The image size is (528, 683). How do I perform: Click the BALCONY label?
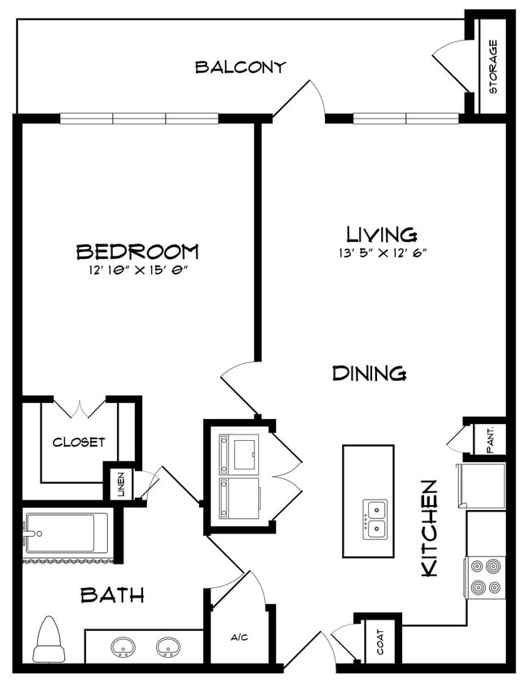point(240,67)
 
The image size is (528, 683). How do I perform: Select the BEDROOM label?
point(137,251)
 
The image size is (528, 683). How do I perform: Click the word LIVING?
point(382,235)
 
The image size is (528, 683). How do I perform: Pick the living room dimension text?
point(382,253)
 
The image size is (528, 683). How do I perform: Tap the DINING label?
point(370,374)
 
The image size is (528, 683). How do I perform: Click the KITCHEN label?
point(430,528)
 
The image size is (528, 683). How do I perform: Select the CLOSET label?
point(79,443)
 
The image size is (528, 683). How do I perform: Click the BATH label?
point(112,595)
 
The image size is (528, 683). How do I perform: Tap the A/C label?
point(239,638)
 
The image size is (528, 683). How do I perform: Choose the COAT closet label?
point(379,643)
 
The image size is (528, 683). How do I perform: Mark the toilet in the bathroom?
point(50,640)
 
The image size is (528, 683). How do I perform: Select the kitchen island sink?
point(374,519)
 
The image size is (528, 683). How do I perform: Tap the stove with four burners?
point(485,577)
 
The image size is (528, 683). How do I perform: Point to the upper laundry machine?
point(239,453)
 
